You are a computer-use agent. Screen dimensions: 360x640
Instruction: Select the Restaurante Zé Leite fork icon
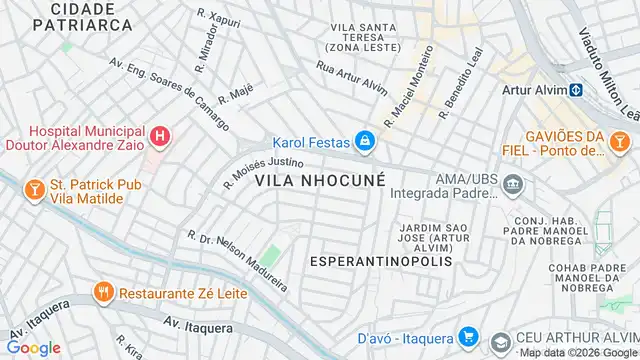103,293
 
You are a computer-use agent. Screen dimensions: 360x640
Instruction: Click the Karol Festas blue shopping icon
366,141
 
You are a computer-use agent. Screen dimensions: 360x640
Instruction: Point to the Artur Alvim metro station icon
577,91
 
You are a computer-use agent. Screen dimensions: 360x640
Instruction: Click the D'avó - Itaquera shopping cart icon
466,337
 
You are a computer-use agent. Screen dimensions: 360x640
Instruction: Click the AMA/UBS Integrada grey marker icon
513,185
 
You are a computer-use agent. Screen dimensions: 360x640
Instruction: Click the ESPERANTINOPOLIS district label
381,261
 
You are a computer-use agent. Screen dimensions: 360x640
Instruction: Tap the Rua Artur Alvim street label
351,77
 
